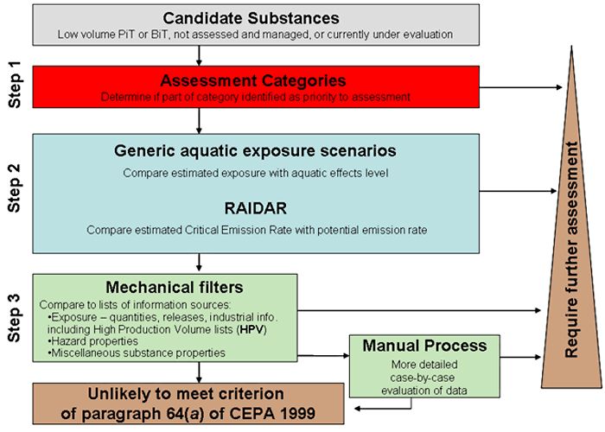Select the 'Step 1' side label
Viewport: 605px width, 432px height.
(16, 87)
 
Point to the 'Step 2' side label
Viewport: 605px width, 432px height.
(16, 191)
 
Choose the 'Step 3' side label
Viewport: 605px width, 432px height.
(16, 316)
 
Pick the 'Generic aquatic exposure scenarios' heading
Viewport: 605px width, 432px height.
(254, 151)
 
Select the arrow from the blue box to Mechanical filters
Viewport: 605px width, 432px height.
(201, 261)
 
